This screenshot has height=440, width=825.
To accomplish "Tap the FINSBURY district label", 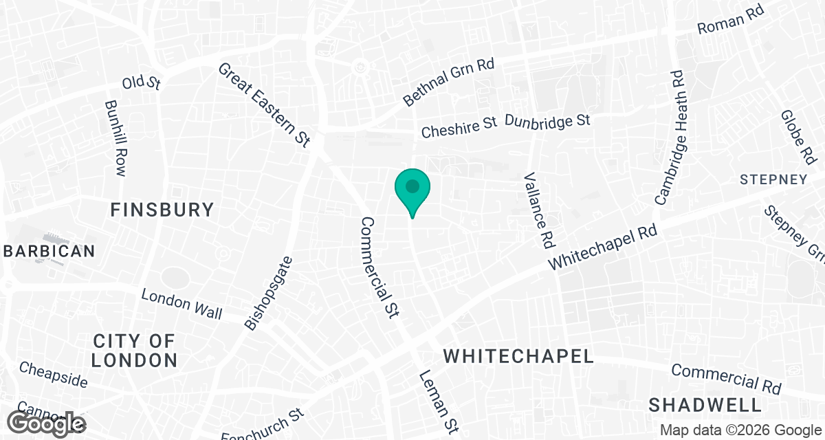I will [162, 210].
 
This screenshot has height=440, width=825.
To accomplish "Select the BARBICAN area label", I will [47, 251].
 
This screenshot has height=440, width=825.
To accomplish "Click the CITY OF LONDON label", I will [135, 350].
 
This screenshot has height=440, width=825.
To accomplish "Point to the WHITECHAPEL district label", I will [518, 356].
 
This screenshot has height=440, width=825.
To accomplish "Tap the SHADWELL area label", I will [705, 404].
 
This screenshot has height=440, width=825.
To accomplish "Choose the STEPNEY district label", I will [773, 179].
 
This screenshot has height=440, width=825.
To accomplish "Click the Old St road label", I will [141, 82].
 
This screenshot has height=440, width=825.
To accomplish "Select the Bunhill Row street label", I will [115, 139].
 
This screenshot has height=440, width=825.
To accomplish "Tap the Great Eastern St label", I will [265, 104].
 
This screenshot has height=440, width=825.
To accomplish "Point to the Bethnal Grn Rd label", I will [448, 82].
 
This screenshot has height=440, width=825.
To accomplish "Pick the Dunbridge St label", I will [547, 121].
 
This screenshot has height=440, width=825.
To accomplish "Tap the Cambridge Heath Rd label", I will [671, 137].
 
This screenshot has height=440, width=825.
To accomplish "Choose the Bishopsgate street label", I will [267, 293].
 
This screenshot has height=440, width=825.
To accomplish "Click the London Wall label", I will [181, 304].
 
